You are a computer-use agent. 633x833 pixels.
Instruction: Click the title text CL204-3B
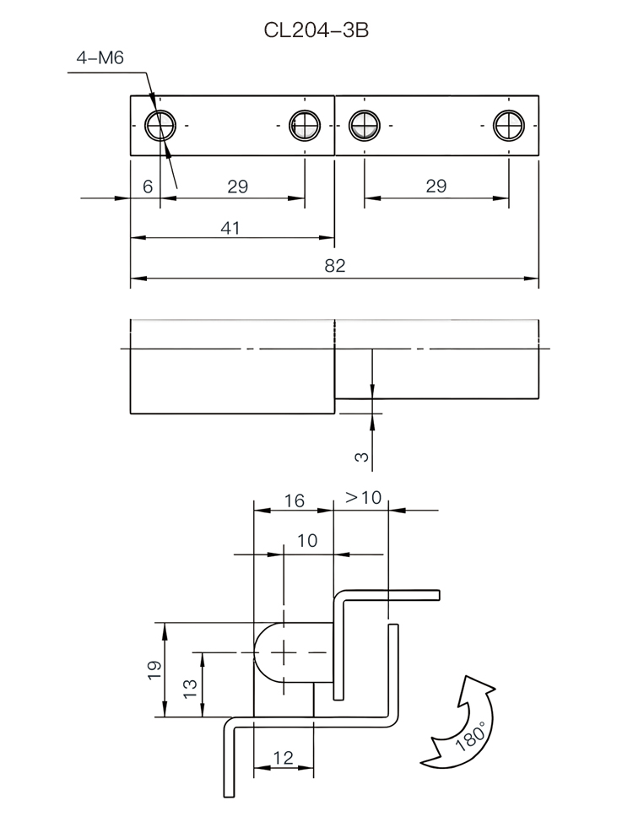[x=316, y=31]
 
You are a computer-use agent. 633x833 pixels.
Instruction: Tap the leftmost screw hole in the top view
[x=159, y=126]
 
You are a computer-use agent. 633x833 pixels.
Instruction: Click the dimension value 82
[x=335, y=266]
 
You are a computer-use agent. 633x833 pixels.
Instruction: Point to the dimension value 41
[x=230, y=228]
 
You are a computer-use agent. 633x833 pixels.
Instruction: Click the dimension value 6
[x=147, y=187]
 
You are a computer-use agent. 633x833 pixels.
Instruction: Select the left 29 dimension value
[x=238, y=187]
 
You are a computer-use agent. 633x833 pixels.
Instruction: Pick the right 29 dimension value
[x=436, y=187]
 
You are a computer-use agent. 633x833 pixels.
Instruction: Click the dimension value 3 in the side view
[x=361, y=457]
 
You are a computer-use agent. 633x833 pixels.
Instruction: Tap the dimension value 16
[x=294, y=500]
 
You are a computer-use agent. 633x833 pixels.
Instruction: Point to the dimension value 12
[x=283, y=758]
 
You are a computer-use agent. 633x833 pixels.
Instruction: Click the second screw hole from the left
[x=305, y=126]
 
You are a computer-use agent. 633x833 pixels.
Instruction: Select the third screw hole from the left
[x=364, y=126]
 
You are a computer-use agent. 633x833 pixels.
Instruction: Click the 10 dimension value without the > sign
[x=307, y=540]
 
